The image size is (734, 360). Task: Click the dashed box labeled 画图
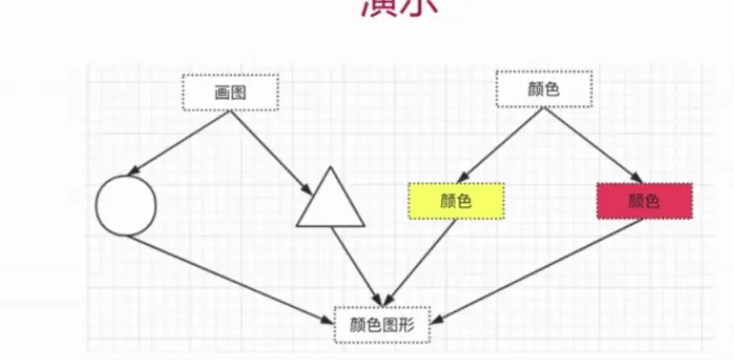click(x=231, y=93)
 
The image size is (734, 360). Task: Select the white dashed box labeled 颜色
click(x=543, y=90)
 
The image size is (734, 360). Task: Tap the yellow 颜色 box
click(x=456, y=201)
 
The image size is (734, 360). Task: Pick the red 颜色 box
click(x=644, y=201)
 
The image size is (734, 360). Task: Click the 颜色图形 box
click(x=383, y=325)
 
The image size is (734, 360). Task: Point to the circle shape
click(x=126, y=206)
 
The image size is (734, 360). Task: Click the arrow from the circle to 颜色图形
click(x=228, y=278)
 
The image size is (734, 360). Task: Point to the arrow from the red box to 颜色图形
click(x=541, y=271)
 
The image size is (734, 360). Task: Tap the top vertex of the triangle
click(x=330, y=168)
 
